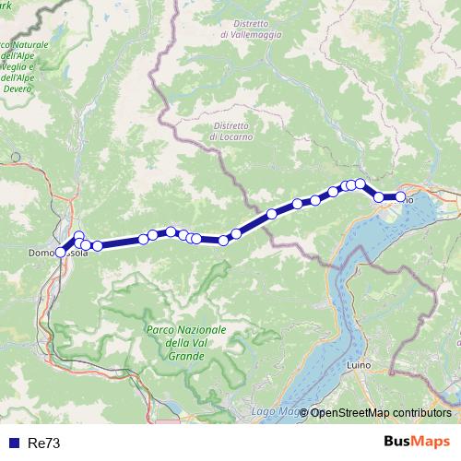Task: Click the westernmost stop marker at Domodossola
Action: (61, 251)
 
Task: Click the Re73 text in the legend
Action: (44, 443)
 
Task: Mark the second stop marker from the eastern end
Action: (379, 196)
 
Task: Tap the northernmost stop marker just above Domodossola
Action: (79, 236)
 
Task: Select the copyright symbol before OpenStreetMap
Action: (304, 412)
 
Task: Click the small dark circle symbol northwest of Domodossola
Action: (15, 157)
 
